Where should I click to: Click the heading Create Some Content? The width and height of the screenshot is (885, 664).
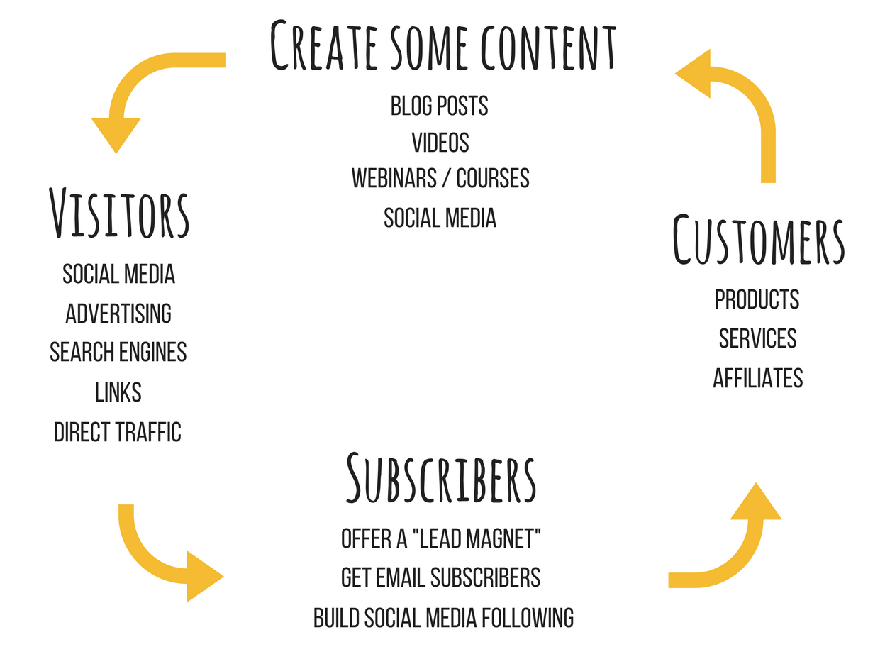coord(442,45)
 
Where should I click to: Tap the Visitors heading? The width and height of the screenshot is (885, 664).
coord(119,212)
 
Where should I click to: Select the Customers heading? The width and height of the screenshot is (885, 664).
coord(758,239)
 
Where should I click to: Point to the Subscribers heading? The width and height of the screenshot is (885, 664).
coord(441,477)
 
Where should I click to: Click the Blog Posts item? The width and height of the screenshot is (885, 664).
coord(439,106)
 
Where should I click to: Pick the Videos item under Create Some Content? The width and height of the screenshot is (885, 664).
coord(440,142)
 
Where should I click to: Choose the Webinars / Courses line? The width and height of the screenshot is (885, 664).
coord(440,178)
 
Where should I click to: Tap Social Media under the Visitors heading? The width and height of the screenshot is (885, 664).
coord(118,274)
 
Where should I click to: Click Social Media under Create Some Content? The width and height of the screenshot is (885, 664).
coord(440,218)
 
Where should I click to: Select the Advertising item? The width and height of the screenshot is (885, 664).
coord(118,314)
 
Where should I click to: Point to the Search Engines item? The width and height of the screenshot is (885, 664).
coord(118,352)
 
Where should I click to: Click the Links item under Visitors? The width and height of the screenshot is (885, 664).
coord(118,392)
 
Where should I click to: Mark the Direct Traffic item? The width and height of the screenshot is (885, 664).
coord(118,432)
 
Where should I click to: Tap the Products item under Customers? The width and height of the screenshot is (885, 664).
coord(757,299)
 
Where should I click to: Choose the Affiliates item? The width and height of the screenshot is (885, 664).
coord(757,378)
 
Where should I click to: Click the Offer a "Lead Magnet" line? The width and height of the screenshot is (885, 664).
coord(440,538)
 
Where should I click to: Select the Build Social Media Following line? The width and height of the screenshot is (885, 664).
coord(443,618)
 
